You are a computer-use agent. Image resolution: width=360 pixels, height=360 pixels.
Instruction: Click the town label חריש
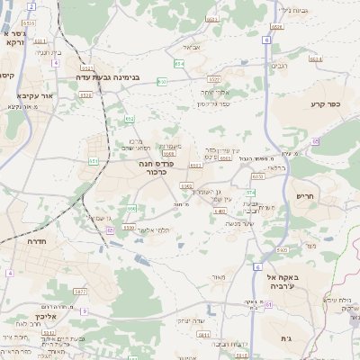[306, 195]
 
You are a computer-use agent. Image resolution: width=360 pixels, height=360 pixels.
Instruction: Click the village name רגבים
[279, 66]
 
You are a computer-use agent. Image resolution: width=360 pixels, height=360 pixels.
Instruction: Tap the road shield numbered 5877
[80, 292]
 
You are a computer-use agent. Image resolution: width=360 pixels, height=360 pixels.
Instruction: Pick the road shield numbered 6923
[281, 249]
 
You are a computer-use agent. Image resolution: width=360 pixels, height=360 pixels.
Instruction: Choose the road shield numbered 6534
[276, 27]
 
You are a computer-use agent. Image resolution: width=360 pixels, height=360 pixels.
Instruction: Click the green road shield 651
[94, 161]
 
